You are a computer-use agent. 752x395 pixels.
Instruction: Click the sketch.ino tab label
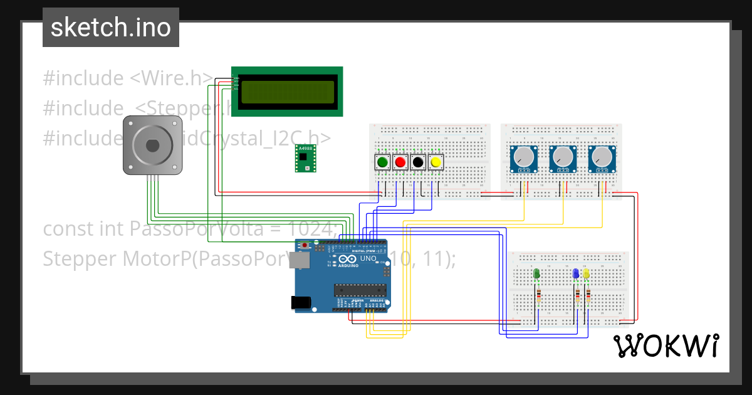click(x=111, y=28)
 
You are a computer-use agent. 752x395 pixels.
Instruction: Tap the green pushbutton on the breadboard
click(x=382, y=162)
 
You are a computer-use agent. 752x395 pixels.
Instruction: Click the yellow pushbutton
click(x=436, y=162)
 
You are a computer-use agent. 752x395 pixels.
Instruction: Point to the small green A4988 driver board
click(x=305, y=157)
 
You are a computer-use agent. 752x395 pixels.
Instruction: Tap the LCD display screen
click(x=288, y=92)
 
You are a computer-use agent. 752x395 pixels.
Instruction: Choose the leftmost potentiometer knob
click(x=523, y=159)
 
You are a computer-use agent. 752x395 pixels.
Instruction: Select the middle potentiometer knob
click(x=563, y=159)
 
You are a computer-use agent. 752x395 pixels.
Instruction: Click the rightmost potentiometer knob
click(x=602, y=159)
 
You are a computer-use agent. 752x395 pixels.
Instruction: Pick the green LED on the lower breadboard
click(x=536, y=274)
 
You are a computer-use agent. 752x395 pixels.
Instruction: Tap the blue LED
click(x=576, y=274)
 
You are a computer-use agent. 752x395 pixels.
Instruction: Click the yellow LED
click(x=587, y=274)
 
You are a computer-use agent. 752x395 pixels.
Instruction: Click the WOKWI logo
click(x=666, y=346)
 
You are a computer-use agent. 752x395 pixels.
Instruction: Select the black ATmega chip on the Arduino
click(x=358, y=290)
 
